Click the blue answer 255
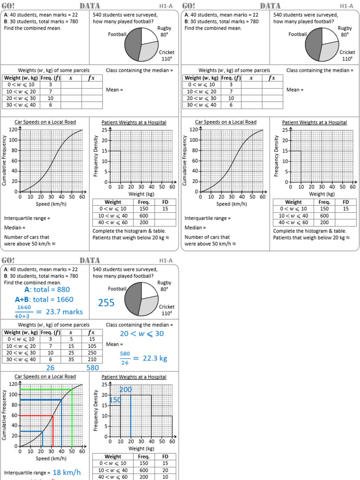point(106,303)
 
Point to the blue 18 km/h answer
point(67,472)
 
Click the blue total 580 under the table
point(92,368)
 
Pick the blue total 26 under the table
point(50,368)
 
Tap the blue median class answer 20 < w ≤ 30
point(135,334)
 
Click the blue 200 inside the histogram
point(126,390)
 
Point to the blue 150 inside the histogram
point(115,400)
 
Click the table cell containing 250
point(92,353)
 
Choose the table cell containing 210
point(92,360)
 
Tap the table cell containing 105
point(92,346)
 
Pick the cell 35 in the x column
point(71,360)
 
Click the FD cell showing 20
point(165,470)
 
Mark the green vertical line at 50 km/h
point(72,417)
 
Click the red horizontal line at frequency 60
point(37,415)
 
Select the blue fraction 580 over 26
point(125,358)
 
